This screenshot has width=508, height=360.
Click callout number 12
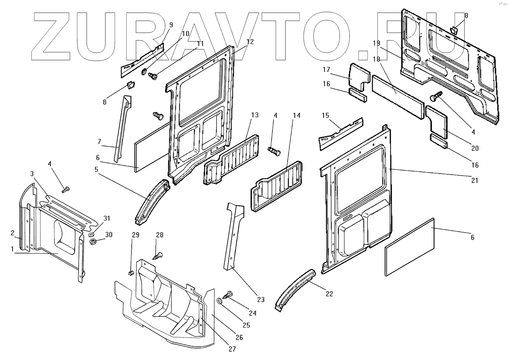(250, 41)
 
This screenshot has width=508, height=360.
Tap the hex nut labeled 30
(93, 241)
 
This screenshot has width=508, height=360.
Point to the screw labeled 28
(158, 256)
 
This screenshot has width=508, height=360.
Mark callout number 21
(474, 181)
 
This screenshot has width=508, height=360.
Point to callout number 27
(232, 348)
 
